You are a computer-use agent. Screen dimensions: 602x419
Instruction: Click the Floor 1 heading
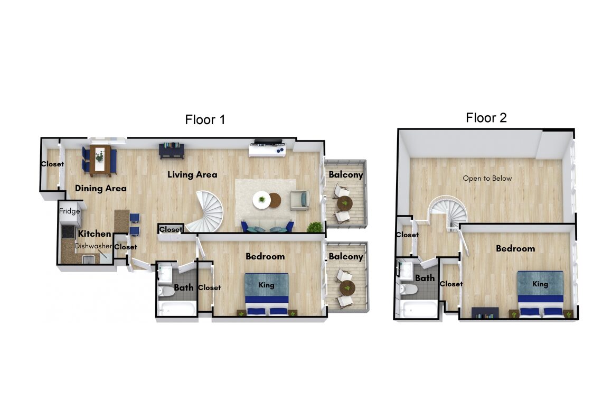[x=205, y=120]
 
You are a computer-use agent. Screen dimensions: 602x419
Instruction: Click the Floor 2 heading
[x=486, y=118]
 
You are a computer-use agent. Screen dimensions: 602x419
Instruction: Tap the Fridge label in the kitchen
[x=70, y=211]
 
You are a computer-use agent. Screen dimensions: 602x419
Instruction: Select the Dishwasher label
[x=93, y=246]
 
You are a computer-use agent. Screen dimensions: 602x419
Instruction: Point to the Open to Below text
[x=487, y=178]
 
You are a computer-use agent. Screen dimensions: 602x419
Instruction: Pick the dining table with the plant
[x=100, y=161]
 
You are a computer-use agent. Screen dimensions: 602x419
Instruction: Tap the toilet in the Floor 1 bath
[x=166, y=291]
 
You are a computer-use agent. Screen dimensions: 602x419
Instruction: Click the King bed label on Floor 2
[x=540, y=284]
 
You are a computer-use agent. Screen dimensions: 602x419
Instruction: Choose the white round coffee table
[x=262, y=200]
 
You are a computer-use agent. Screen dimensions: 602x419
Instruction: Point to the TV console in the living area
[x=268, y=150]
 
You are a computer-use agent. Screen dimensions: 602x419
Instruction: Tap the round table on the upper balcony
[x=345, y=203]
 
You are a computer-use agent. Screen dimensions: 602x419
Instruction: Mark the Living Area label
[x=192, y=175]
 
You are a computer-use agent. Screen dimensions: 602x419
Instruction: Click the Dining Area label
[x=100, y=188]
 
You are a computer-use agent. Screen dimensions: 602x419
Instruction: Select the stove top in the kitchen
[x=68, y=231]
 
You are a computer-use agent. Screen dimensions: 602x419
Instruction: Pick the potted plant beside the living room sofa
[x=315, y=227]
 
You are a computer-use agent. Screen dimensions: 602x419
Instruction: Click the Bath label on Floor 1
[x=184, y=287]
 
